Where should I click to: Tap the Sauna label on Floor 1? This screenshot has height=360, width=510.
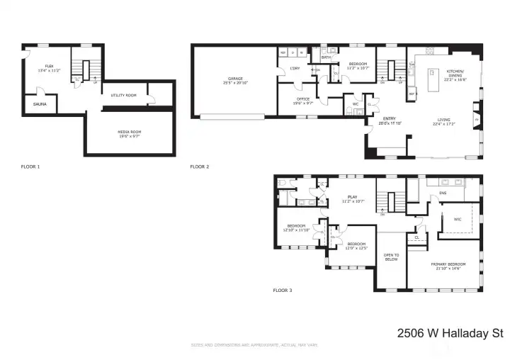click(40, 104)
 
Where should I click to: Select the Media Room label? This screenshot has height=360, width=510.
click(128, 133)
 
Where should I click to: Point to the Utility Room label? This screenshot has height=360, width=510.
click(123, 94)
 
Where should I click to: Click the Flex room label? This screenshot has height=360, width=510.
click(49, 66)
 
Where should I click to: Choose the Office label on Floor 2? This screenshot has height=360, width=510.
click(302, 99)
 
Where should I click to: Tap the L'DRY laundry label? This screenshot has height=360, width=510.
click(295, 69)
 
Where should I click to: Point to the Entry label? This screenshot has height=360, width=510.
click(389, 120)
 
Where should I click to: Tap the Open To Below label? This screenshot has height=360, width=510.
click(391, 257)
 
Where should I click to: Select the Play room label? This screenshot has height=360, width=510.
click(351, 198)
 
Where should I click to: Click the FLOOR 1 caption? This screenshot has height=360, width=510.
click(30, 167)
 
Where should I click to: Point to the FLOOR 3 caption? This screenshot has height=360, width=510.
click(283, 290)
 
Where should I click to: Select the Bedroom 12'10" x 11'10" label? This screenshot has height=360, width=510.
click(297, 228)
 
